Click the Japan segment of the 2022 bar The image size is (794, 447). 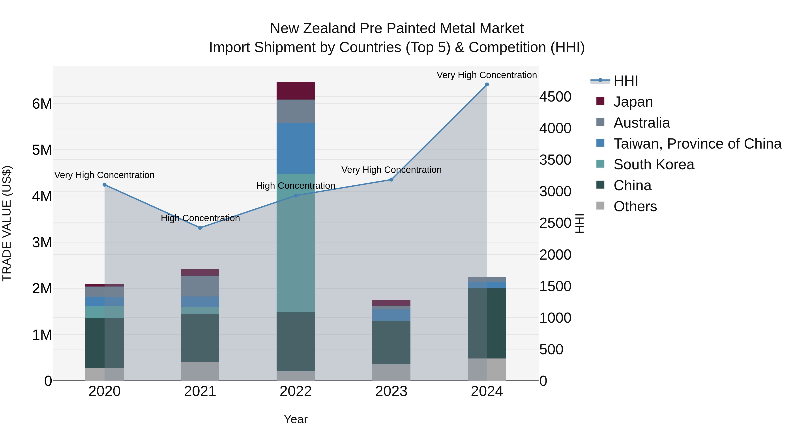[296, 91]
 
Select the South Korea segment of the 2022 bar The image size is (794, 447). [296, 243]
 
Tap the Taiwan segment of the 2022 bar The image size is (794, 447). [296, 148]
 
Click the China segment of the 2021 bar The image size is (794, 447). [200, 338]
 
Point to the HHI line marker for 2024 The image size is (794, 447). [487, 85]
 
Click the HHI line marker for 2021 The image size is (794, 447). [200, 228]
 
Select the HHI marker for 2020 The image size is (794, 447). [105, 185]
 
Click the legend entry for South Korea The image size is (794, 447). [654, 164]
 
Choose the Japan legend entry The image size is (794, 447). [633, 102]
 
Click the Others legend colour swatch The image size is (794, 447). [600, 206]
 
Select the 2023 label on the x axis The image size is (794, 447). [391, 391]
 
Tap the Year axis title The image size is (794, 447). [296, 419]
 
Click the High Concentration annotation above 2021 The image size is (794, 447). [200, 218]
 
